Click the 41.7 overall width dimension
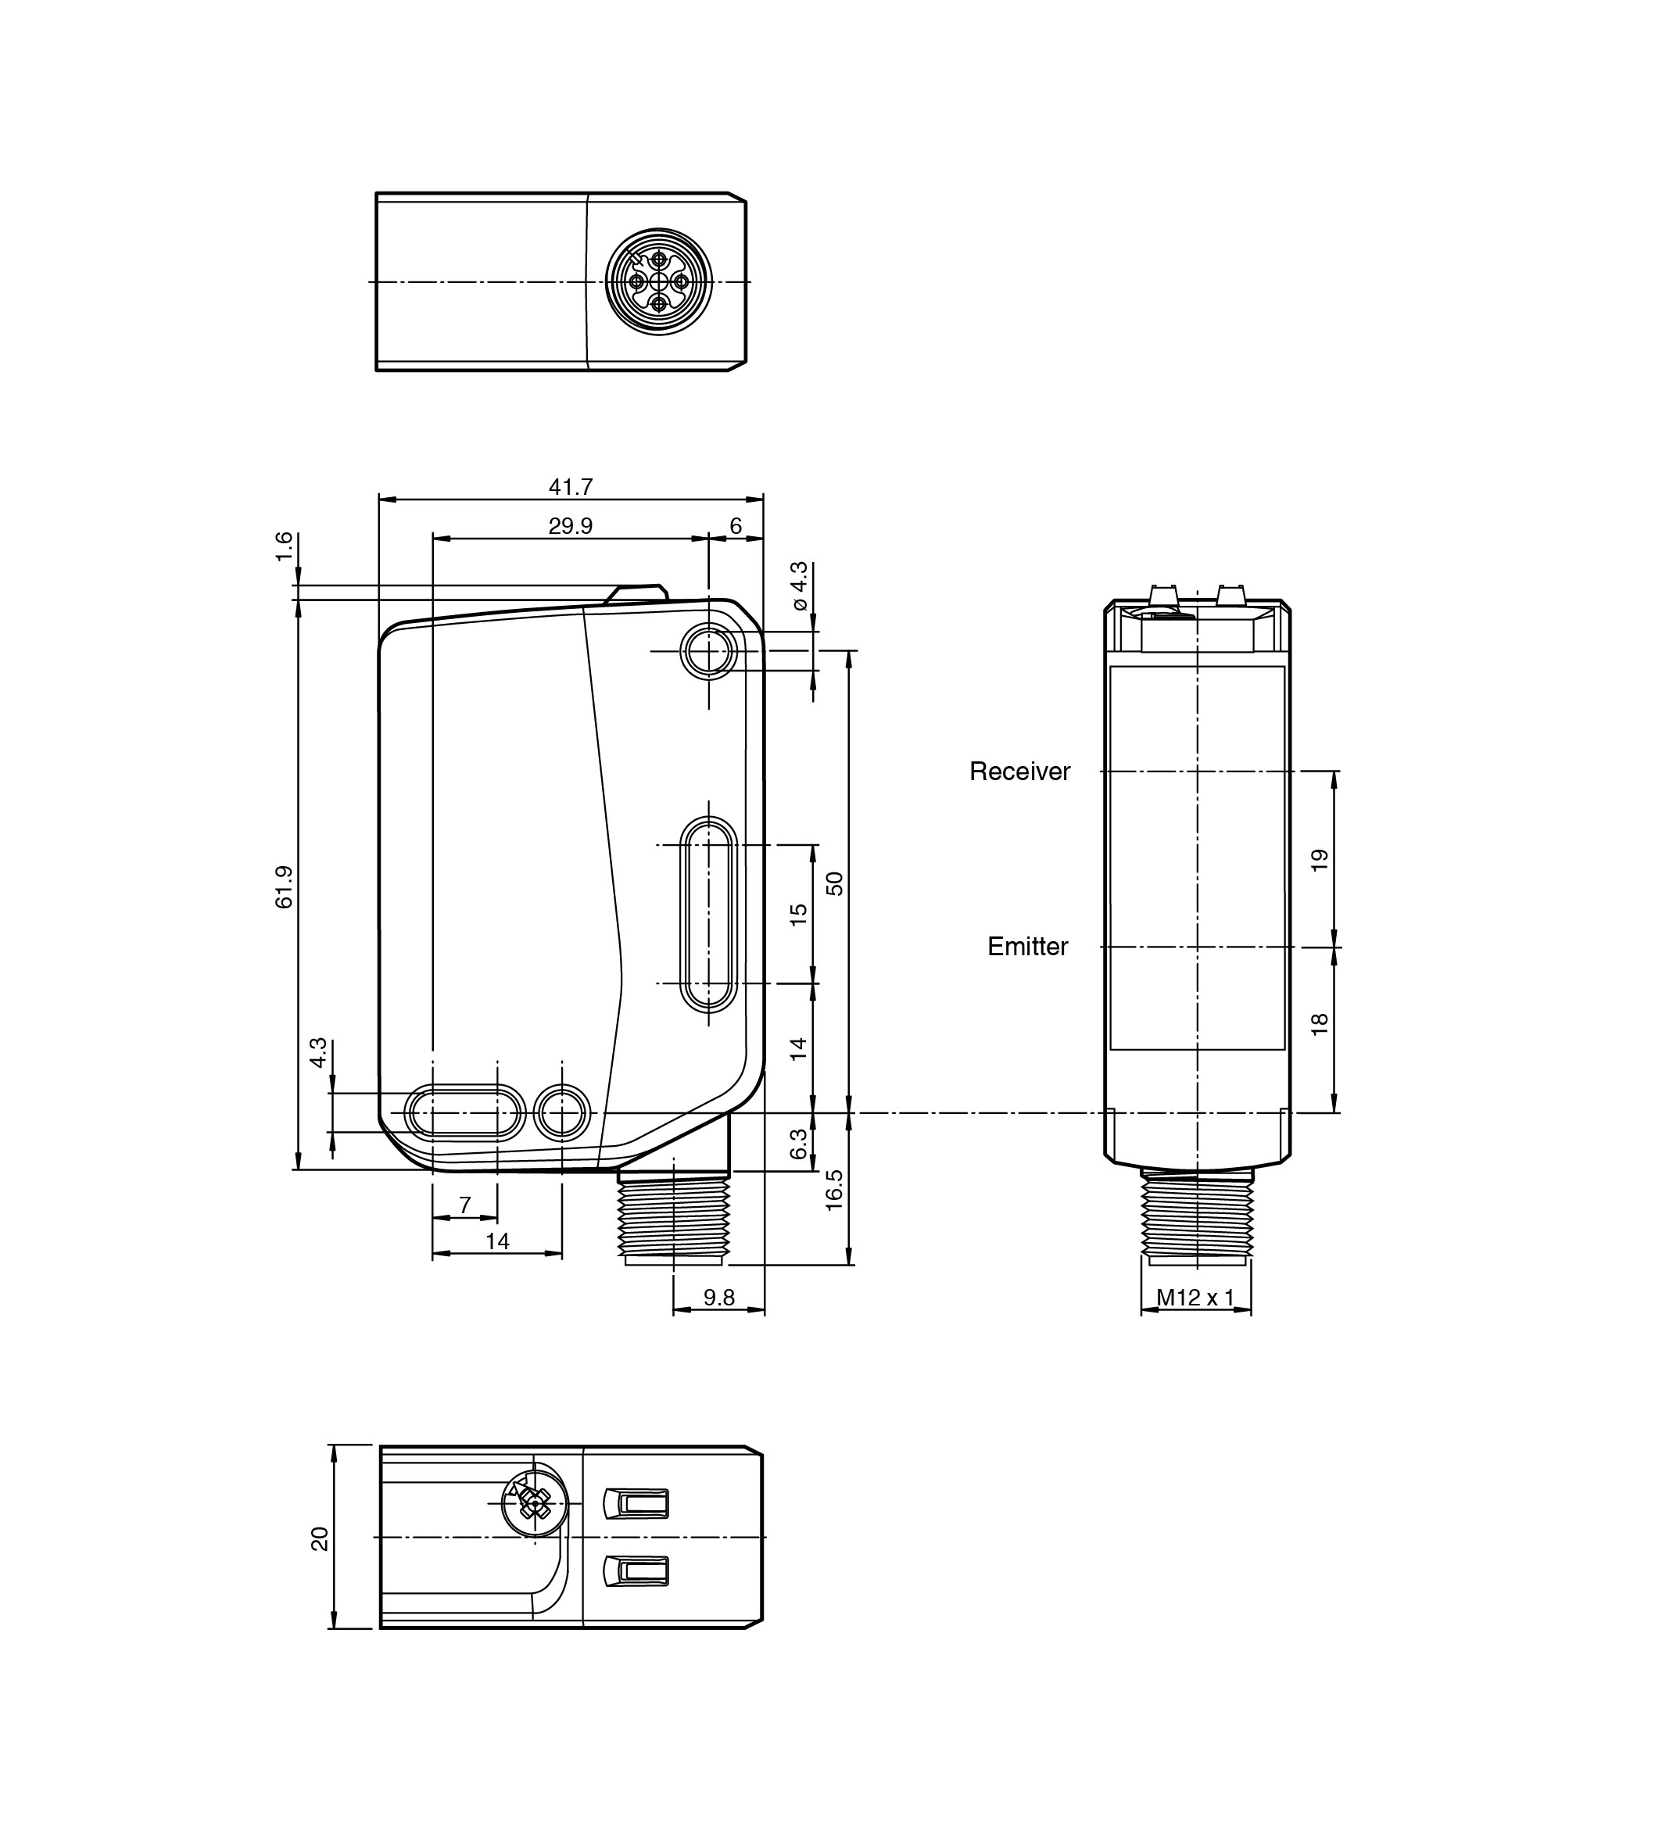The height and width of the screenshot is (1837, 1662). click(571, 488)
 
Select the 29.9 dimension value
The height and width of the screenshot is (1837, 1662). click(571, 527)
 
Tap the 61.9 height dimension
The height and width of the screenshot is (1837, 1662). click(285, 886)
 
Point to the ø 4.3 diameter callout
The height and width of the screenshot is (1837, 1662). click(799, 586)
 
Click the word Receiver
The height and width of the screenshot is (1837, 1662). click(1019, 772)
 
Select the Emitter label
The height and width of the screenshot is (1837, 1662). click(1028, 947)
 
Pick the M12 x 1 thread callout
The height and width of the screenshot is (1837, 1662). click(1195, 1298)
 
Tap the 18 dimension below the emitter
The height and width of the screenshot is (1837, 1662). click(1320, 1024)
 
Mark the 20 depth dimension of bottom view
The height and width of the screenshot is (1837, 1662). click(319, 1540)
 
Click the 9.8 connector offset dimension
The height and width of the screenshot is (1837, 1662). click(719, 1298)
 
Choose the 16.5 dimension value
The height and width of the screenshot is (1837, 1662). click(835, 1190)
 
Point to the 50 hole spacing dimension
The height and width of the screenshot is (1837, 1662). click(835, 883)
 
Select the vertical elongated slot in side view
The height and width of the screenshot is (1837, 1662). click(709, 914)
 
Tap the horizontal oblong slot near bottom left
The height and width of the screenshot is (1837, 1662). click(464, 1112)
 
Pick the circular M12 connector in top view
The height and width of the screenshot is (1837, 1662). click(659, 281)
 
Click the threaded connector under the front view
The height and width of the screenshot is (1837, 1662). click(673, 1216)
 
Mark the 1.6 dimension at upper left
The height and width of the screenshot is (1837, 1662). click(285, 546)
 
